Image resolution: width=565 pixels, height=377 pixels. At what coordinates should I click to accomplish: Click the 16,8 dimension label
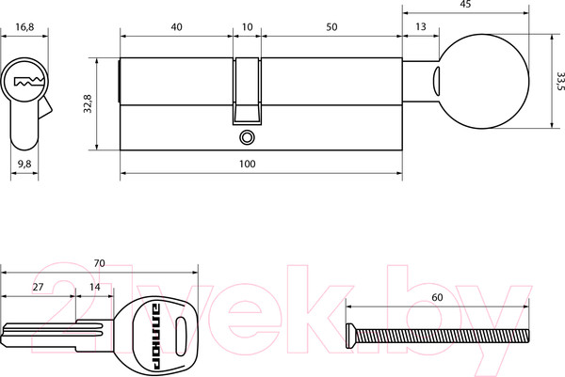(x=24, y=27)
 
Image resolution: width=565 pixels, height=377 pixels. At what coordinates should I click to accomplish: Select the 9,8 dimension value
(x=24, y=164)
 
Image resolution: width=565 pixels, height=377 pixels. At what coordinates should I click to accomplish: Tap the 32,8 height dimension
(x=88, y=103)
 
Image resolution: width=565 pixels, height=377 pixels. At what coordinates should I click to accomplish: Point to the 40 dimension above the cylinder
(x=176, y=27)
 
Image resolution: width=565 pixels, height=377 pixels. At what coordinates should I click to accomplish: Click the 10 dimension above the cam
(x=247, y=27)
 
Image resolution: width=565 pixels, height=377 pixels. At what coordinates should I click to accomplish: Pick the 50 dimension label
(x=331, y=27)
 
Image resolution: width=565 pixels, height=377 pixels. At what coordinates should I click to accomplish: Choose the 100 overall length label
(x=247, y=164)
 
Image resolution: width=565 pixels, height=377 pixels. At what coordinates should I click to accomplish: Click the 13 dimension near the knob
(x=421, y=26)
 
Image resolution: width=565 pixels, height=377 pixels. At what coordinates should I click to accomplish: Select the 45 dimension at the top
(x=465, y=5)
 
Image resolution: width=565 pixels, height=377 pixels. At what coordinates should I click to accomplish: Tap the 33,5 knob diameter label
(x=560, y=81)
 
